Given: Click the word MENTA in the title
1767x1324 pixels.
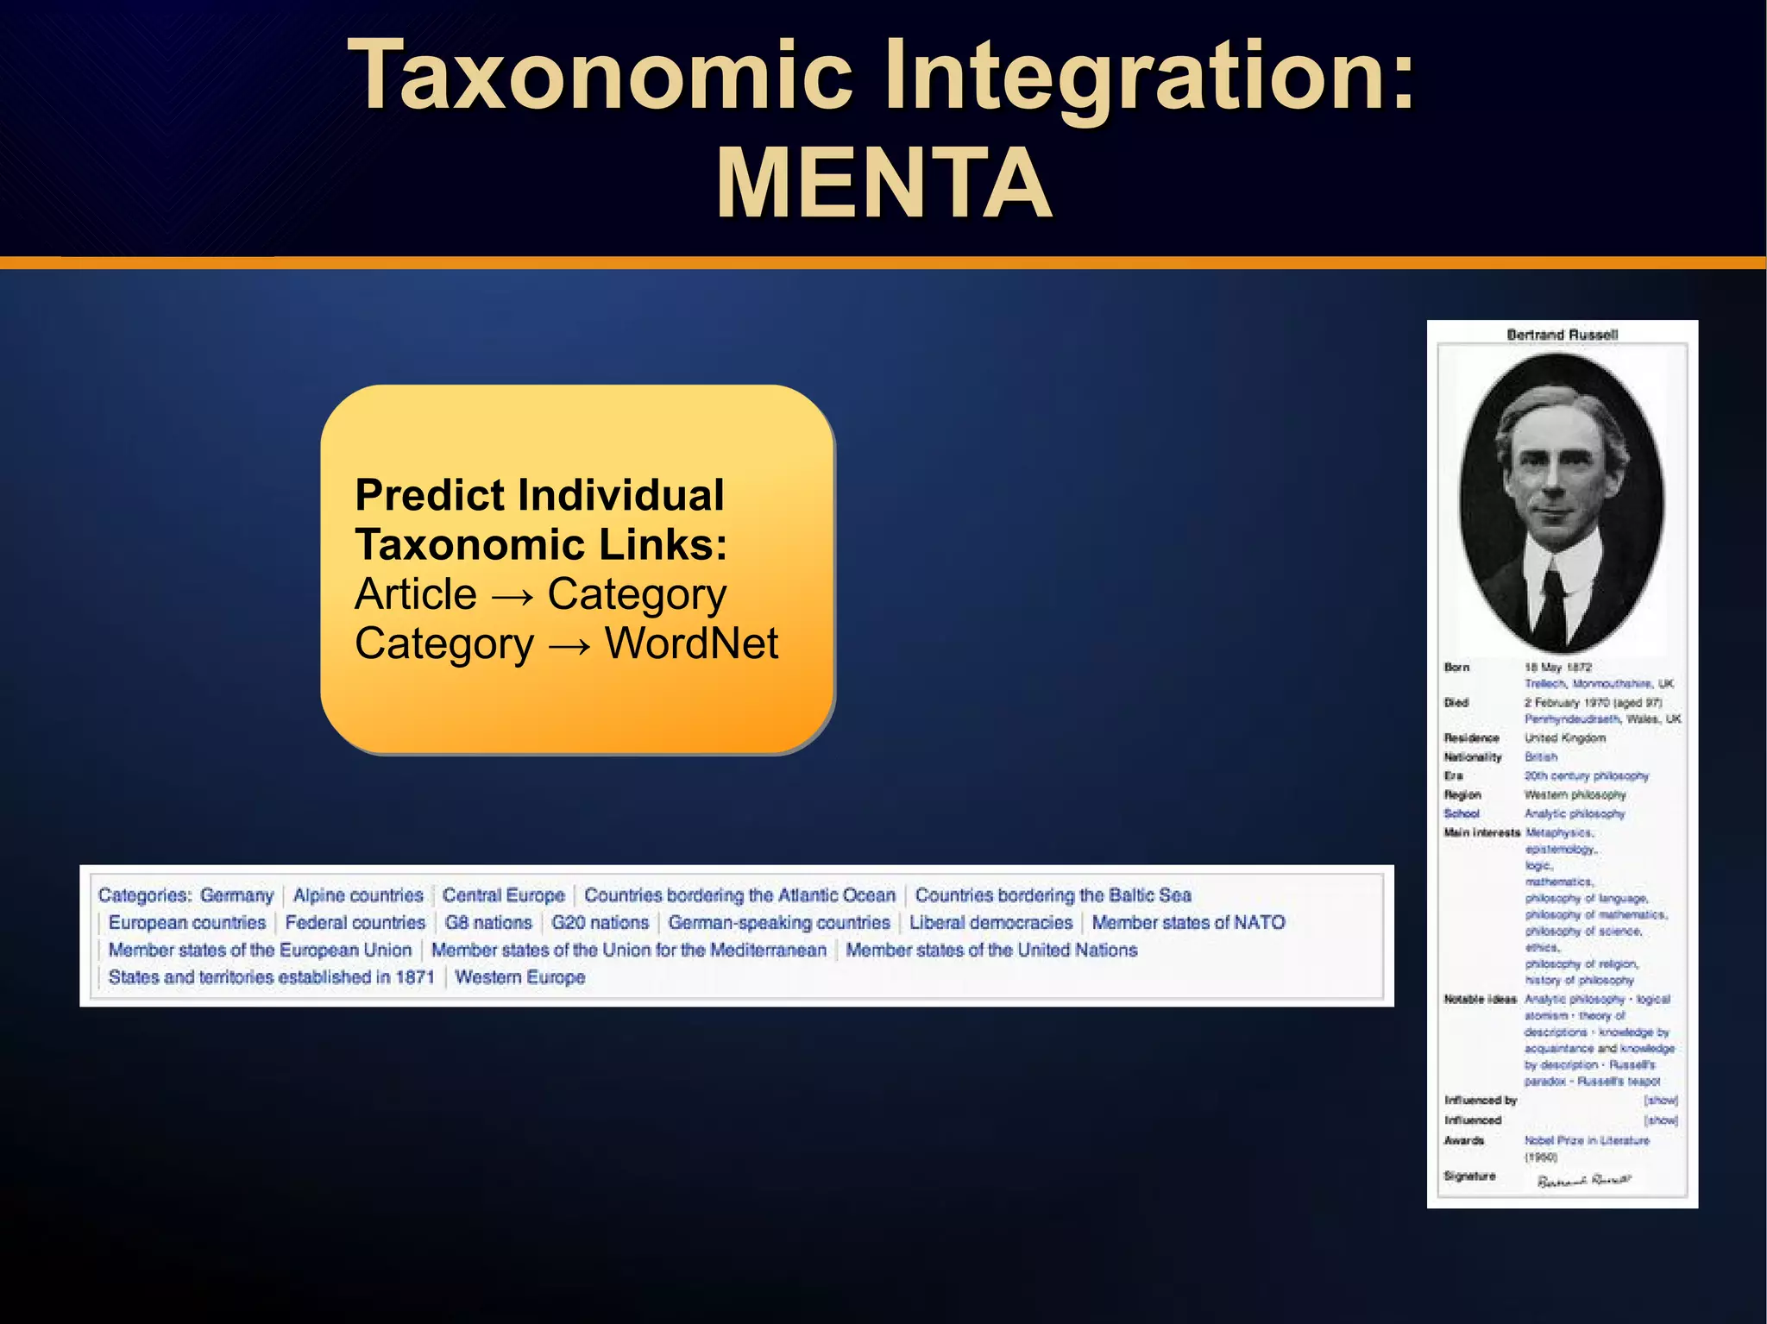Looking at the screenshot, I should (883, 184).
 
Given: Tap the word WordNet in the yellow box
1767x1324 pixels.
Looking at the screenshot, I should (691, 643).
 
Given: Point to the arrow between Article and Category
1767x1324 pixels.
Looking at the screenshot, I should (512, 596).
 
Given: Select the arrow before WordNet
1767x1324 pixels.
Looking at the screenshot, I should (569, 645).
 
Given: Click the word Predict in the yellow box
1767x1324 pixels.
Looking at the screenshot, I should (430, 495).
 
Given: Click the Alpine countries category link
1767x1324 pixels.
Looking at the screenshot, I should (358, 895).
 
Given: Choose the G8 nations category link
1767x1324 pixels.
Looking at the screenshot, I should (488, 922).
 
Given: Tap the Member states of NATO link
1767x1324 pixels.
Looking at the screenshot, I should (1188, 922).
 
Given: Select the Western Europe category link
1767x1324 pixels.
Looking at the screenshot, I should (520, 977).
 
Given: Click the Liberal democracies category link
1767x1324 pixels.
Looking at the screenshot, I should (990, 922).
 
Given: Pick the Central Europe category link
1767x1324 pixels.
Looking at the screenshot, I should (504, 895).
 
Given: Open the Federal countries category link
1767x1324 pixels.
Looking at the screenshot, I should (355, 922).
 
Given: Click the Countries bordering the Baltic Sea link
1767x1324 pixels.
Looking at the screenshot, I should (1053, 895).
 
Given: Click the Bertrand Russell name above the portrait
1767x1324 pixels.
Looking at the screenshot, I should (1562, 335).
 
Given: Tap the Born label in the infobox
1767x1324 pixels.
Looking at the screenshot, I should (1456, 667).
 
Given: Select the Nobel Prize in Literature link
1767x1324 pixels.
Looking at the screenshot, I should (1586, 1140).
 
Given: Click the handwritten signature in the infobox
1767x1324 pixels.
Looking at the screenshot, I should (1584, 1179).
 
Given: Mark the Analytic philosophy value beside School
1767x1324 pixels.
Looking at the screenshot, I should (1574, 813).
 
